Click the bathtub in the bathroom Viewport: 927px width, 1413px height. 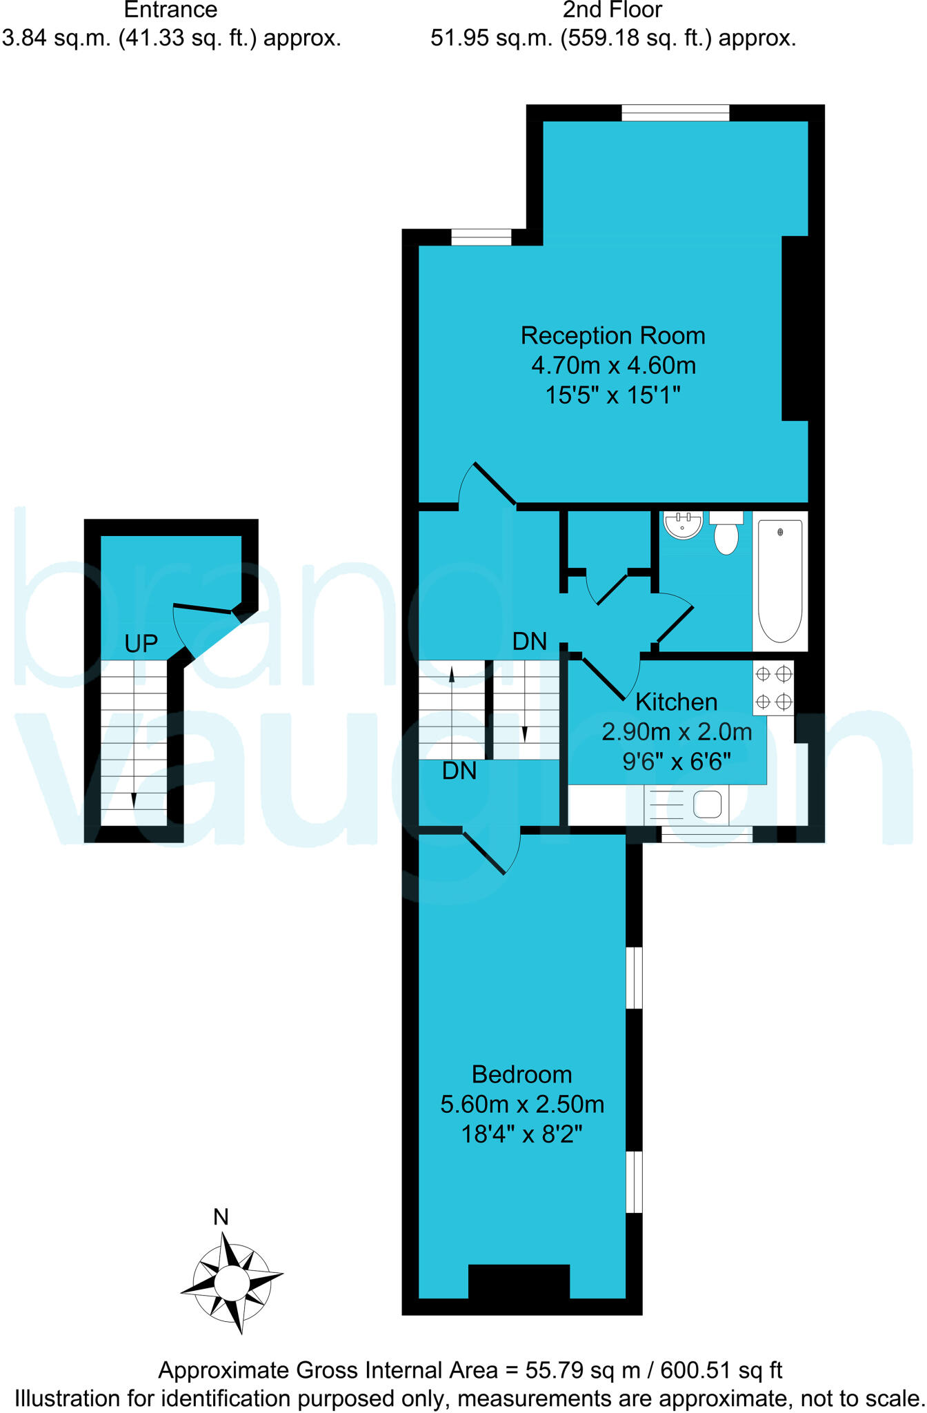pyautogui.click(x=780, y=581)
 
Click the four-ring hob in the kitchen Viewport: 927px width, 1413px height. pyautogui.click(x=773, y=688)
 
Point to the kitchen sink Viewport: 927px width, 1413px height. pyautogui.click(x=707, y=804)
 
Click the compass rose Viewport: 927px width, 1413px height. pyautogui.click(x=232, y=1282)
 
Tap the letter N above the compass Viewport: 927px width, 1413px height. pyautogui.click(x=221, y=1217)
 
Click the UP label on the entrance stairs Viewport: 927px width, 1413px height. pyautogui.click(x=141, y=644)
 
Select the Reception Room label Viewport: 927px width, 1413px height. pyautogui.click(x=612, y=335)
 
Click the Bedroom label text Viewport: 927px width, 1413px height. pyautogui.click(x=522, y=1074)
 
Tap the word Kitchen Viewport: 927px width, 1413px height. pyautogui.click(x=676, y=702)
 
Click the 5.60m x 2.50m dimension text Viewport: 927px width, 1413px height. pyautogui.click(x=522, y=1104)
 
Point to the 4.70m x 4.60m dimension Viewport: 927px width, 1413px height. pyautogui.click(x=612, y=365)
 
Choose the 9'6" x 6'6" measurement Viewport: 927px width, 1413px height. pyautogui.click(x=676, y=762)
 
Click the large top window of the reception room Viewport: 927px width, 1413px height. pyautogui.click(x=675, y=112)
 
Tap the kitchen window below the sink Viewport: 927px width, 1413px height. pyautogui.click(x=706, y=834)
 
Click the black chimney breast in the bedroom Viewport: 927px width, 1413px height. pyautogui.click(x=519, y=1281)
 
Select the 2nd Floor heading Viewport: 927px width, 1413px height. pyautogui.click(x=612, y=10)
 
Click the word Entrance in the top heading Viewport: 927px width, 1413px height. pyautogui.click(x=170, y=10)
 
